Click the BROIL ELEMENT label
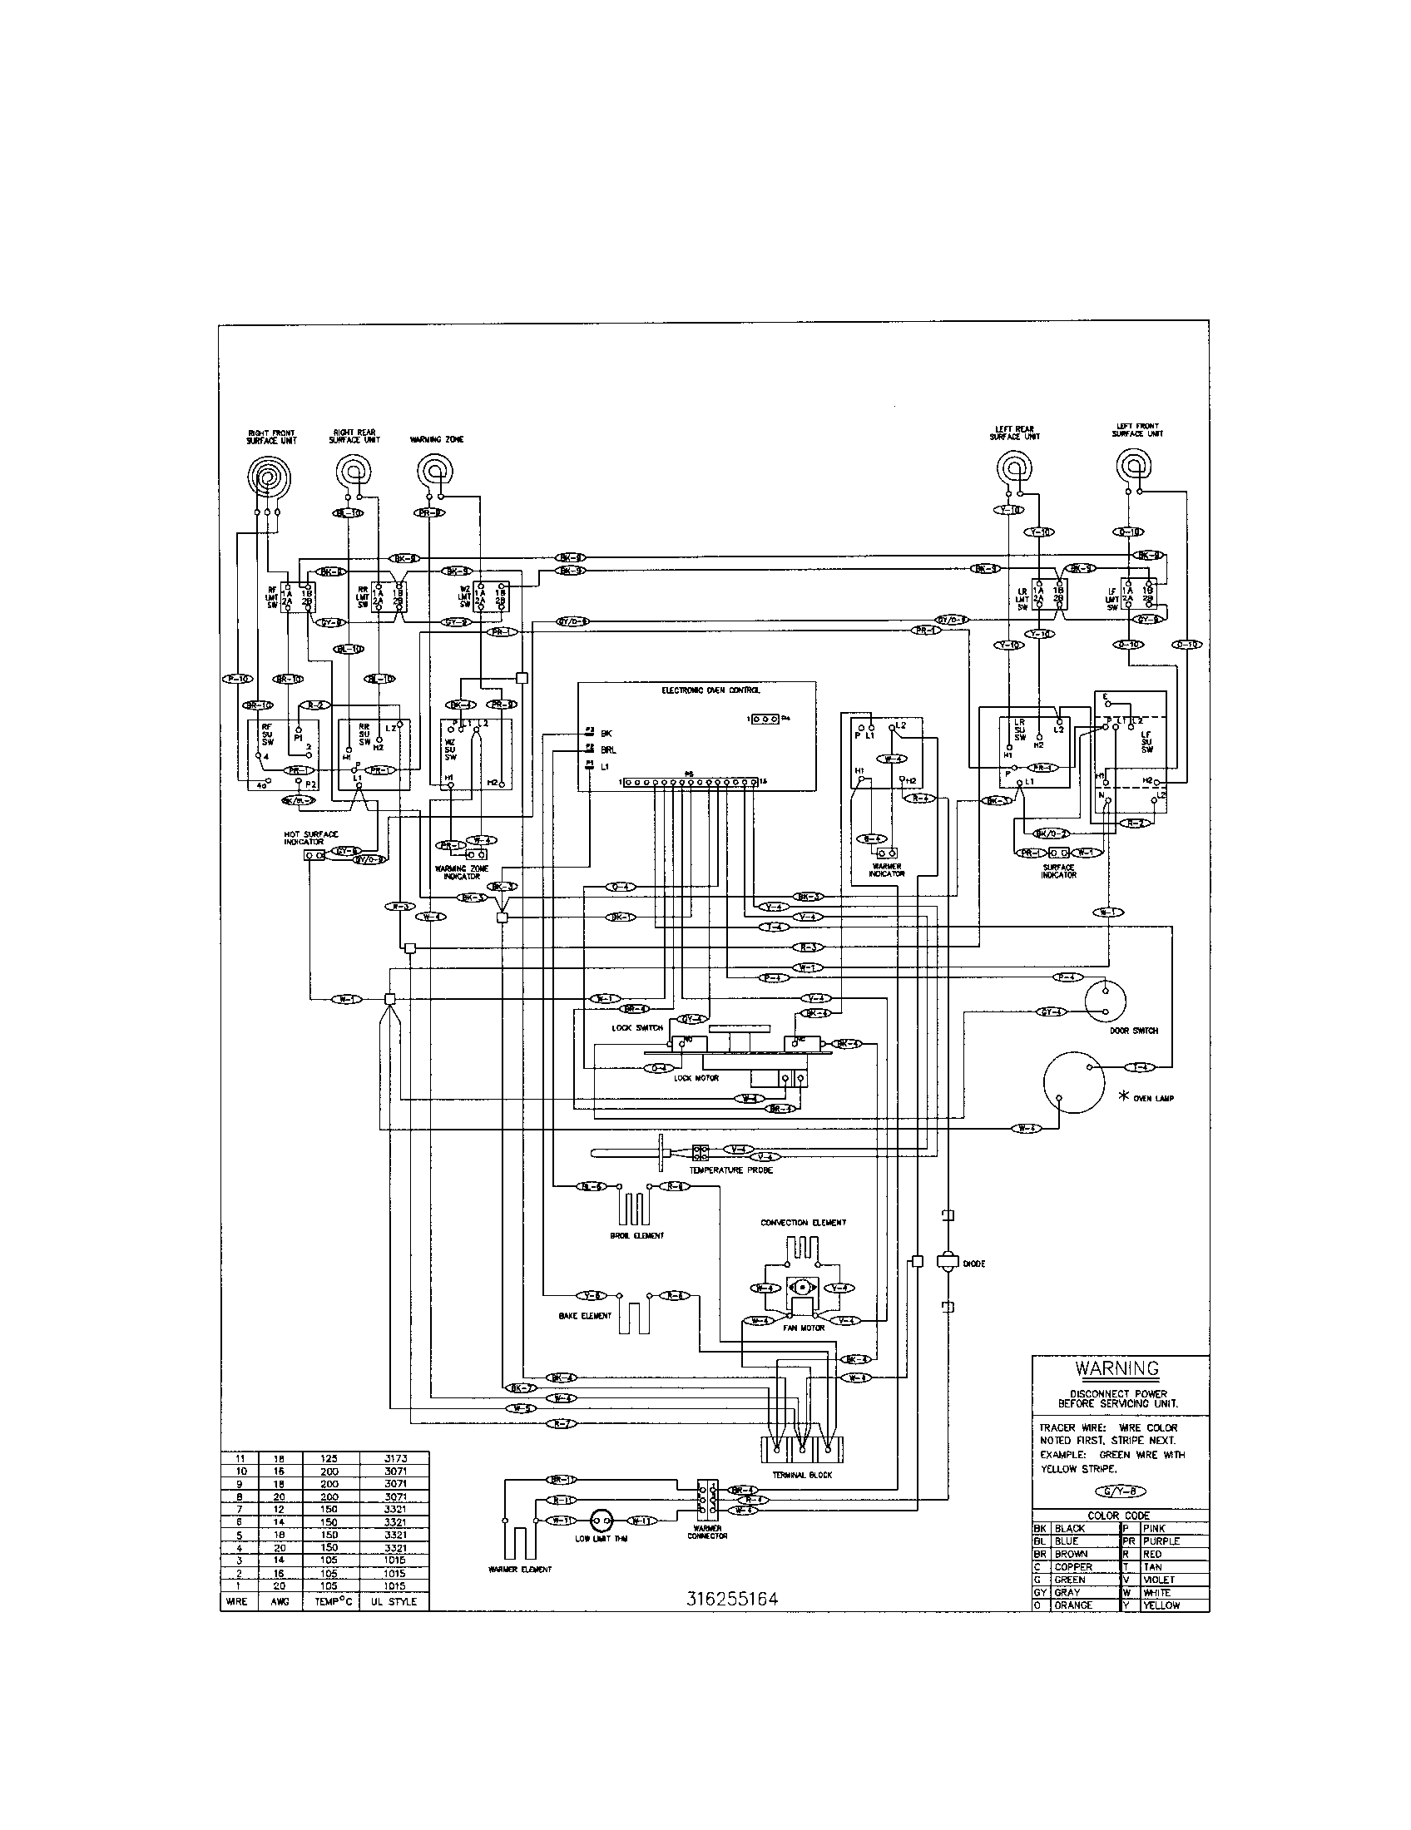(636, 1235)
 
